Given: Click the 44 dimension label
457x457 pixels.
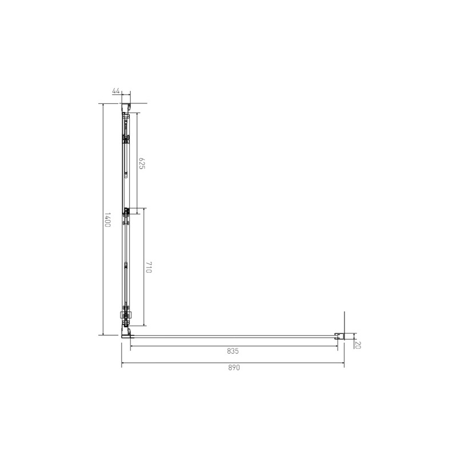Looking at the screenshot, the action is pos(116,91).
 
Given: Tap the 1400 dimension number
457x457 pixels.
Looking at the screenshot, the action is pos(107,220).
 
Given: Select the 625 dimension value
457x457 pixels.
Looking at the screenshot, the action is pos(142,163).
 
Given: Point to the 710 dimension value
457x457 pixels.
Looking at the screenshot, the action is pos(149,267).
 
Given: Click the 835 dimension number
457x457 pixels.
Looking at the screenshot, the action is pos(233,351).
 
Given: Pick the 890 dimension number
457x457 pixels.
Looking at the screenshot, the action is pos(234,367).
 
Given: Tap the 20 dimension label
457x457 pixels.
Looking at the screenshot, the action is pos(358,345).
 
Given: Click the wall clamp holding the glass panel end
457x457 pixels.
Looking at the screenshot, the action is pos(339,336).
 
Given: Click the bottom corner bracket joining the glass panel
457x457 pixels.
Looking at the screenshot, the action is pos(126,332).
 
